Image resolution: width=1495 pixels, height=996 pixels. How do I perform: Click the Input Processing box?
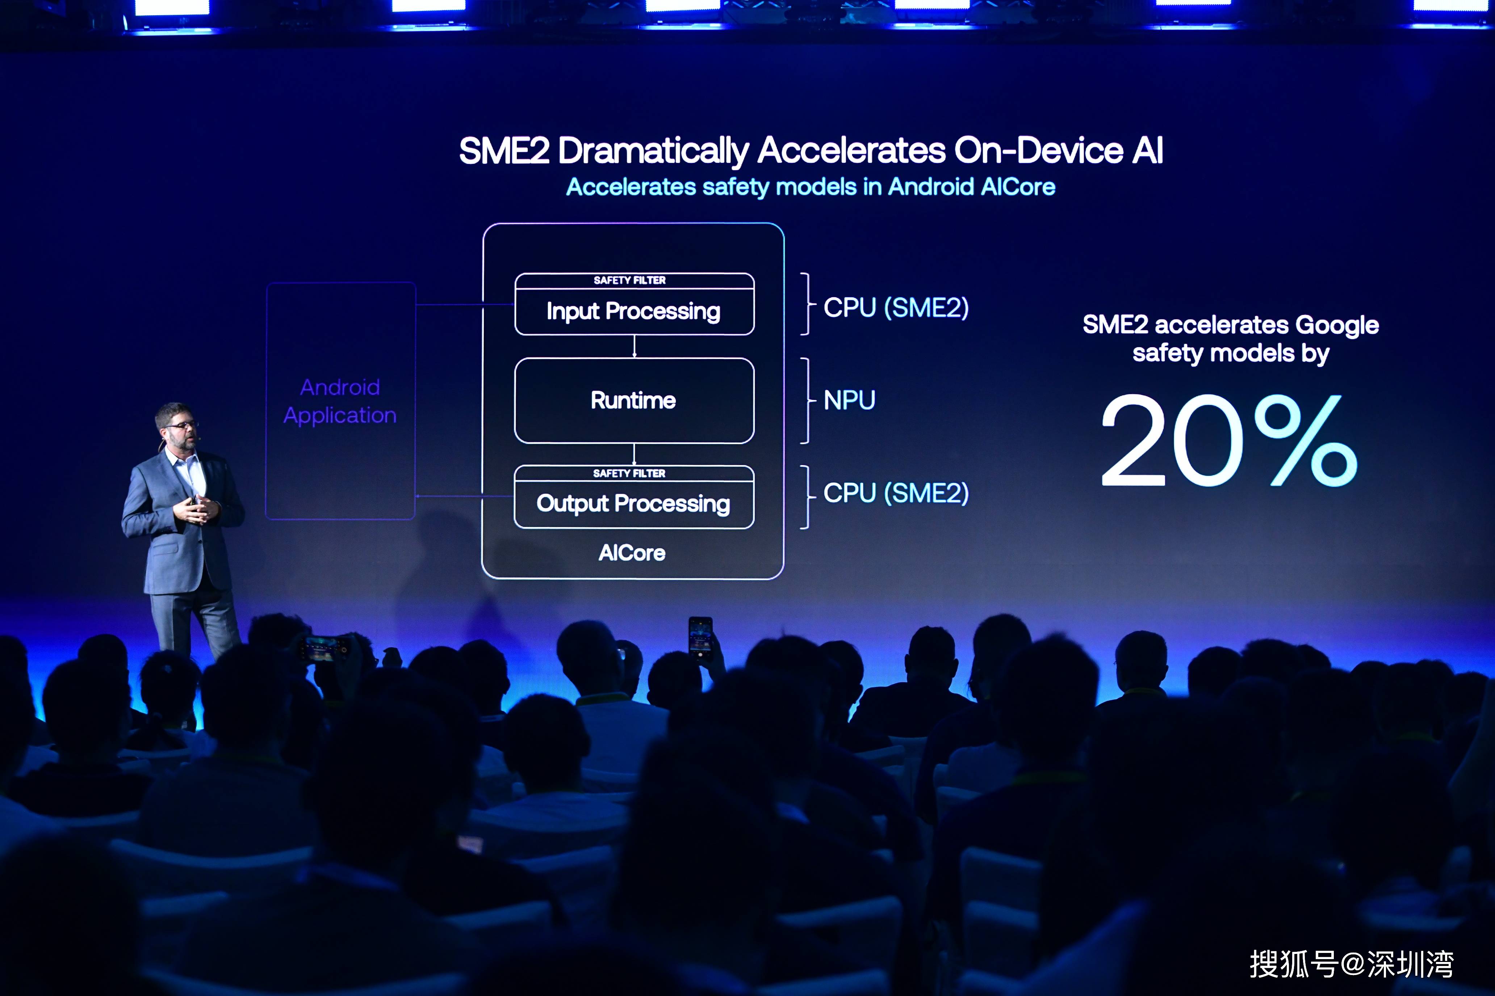[x=635, y=304]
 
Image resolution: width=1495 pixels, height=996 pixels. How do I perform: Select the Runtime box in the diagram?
[x=635, y=401]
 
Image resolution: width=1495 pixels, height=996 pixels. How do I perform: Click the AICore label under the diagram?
[x=632, y=553]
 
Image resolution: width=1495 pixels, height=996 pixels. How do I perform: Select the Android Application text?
[x=340, y=401]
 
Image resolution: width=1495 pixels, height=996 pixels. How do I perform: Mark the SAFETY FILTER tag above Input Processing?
[x=630, y=280]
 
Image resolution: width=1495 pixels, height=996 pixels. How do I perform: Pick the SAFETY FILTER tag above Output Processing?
[x=629, y=473]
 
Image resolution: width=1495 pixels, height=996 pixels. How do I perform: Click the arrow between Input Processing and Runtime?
[x=635, y=347]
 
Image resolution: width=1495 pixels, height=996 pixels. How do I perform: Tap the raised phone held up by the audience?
[x=700, y=638]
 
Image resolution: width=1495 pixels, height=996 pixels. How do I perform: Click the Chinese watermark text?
[x=1351, y=964]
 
